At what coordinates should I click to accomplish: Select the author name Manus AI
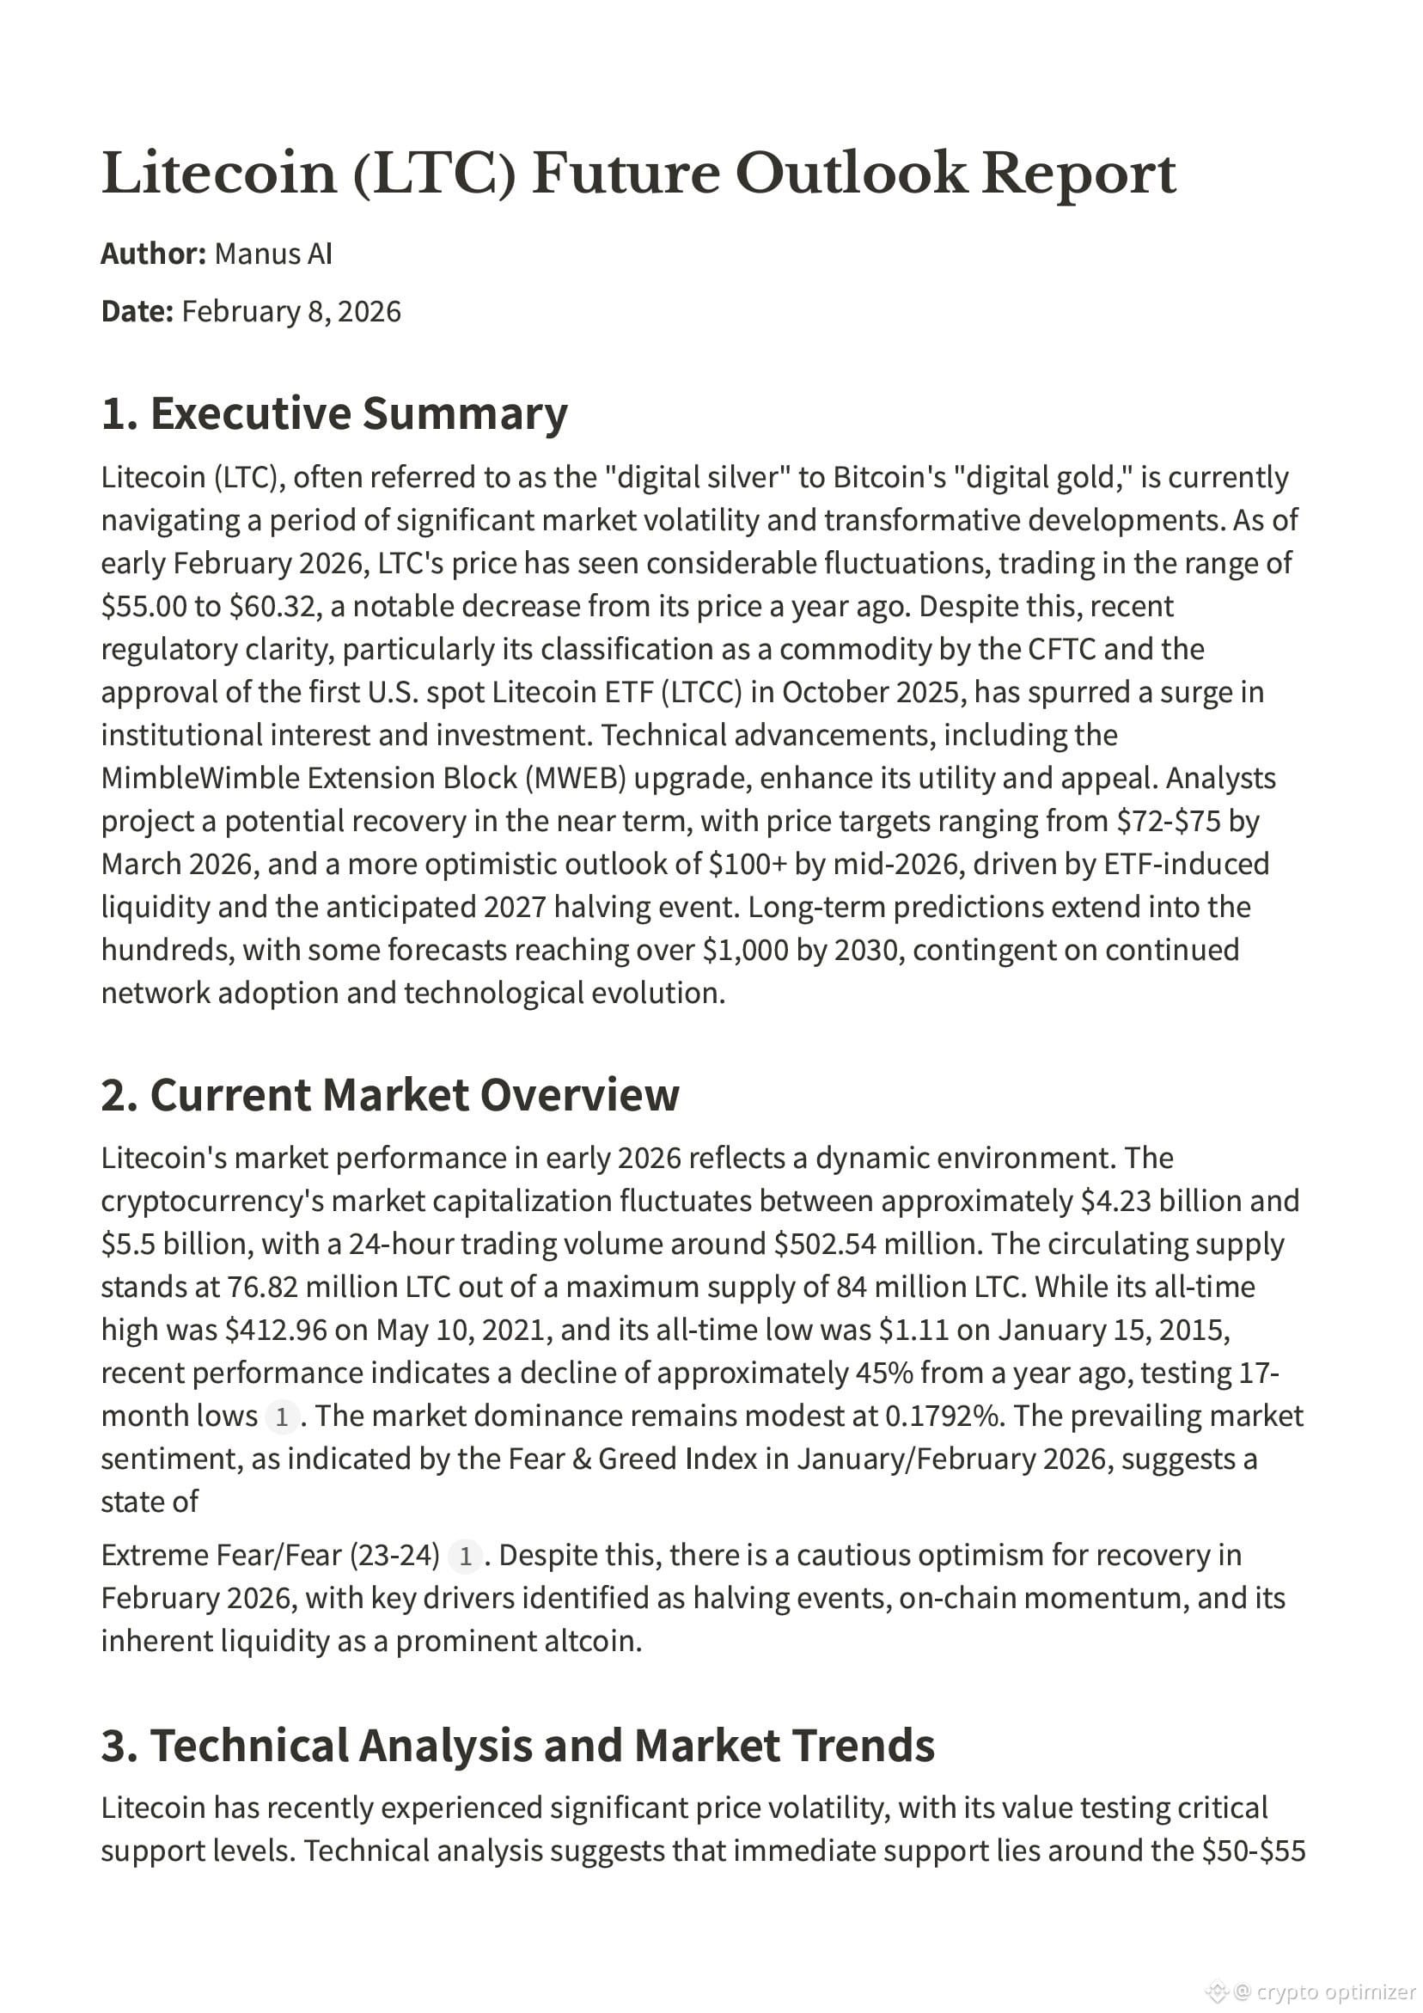click(x=272, y=254)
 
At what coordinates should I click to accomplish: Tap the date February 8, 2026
click(x=291, y=312)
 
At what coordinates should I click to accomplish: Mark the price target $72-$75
click(x=1168, y=822)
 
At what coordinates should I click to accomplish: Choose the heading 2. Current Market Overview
click(x=390, y=1095)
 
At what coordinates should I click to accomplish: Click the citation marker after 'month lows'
click(x=282, y=1416)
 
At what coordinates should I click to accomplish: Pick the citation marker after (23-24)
click(x=466, y=1557)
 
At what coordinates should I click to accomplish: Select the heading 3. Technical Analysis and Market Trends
click(x=517, y=1746)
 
